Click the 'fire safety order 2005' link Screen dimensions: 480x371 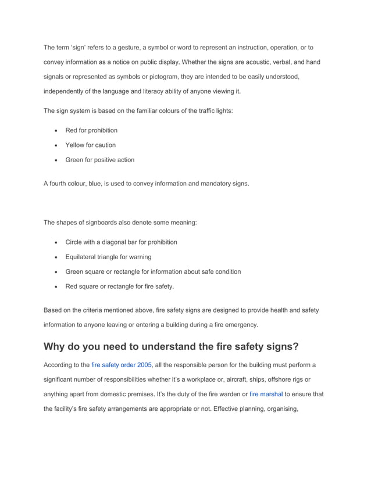(x=122, y=364)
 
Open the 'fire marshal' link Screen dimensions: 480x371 (x=266, y=393)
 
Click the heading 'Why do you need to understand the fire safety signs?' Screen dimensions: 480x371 (x=171, y=347)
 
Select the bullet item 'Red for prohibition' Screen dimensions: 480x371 (x=91, y=130)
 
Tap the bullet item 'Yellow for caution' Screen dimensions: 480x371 (x=90, y=145)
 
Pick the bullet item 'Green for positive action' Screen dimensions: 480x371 (x=99, y=160)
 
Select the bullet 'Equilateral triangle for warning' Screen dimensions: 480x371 (x=108, y=257)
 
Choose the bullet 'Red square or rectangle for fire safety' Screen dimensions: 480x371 (x=119, y=286)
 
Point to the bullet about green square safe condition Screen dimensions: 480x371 (x=153, y=271)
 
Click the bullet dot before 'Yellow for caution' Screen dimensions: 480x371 (x=55, y=145)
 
